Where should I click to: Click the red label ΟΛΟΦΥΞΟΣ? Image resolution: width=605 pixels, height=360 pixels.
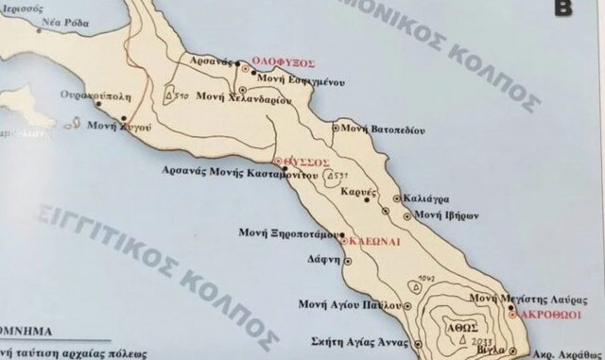pos(280,68)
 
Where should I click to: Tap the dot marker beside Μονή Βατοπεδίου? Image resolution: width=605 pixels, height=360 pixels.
pos(336,126)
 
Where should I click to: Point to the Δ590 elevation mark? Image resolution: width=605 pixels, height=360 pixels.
pos(178,96)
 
